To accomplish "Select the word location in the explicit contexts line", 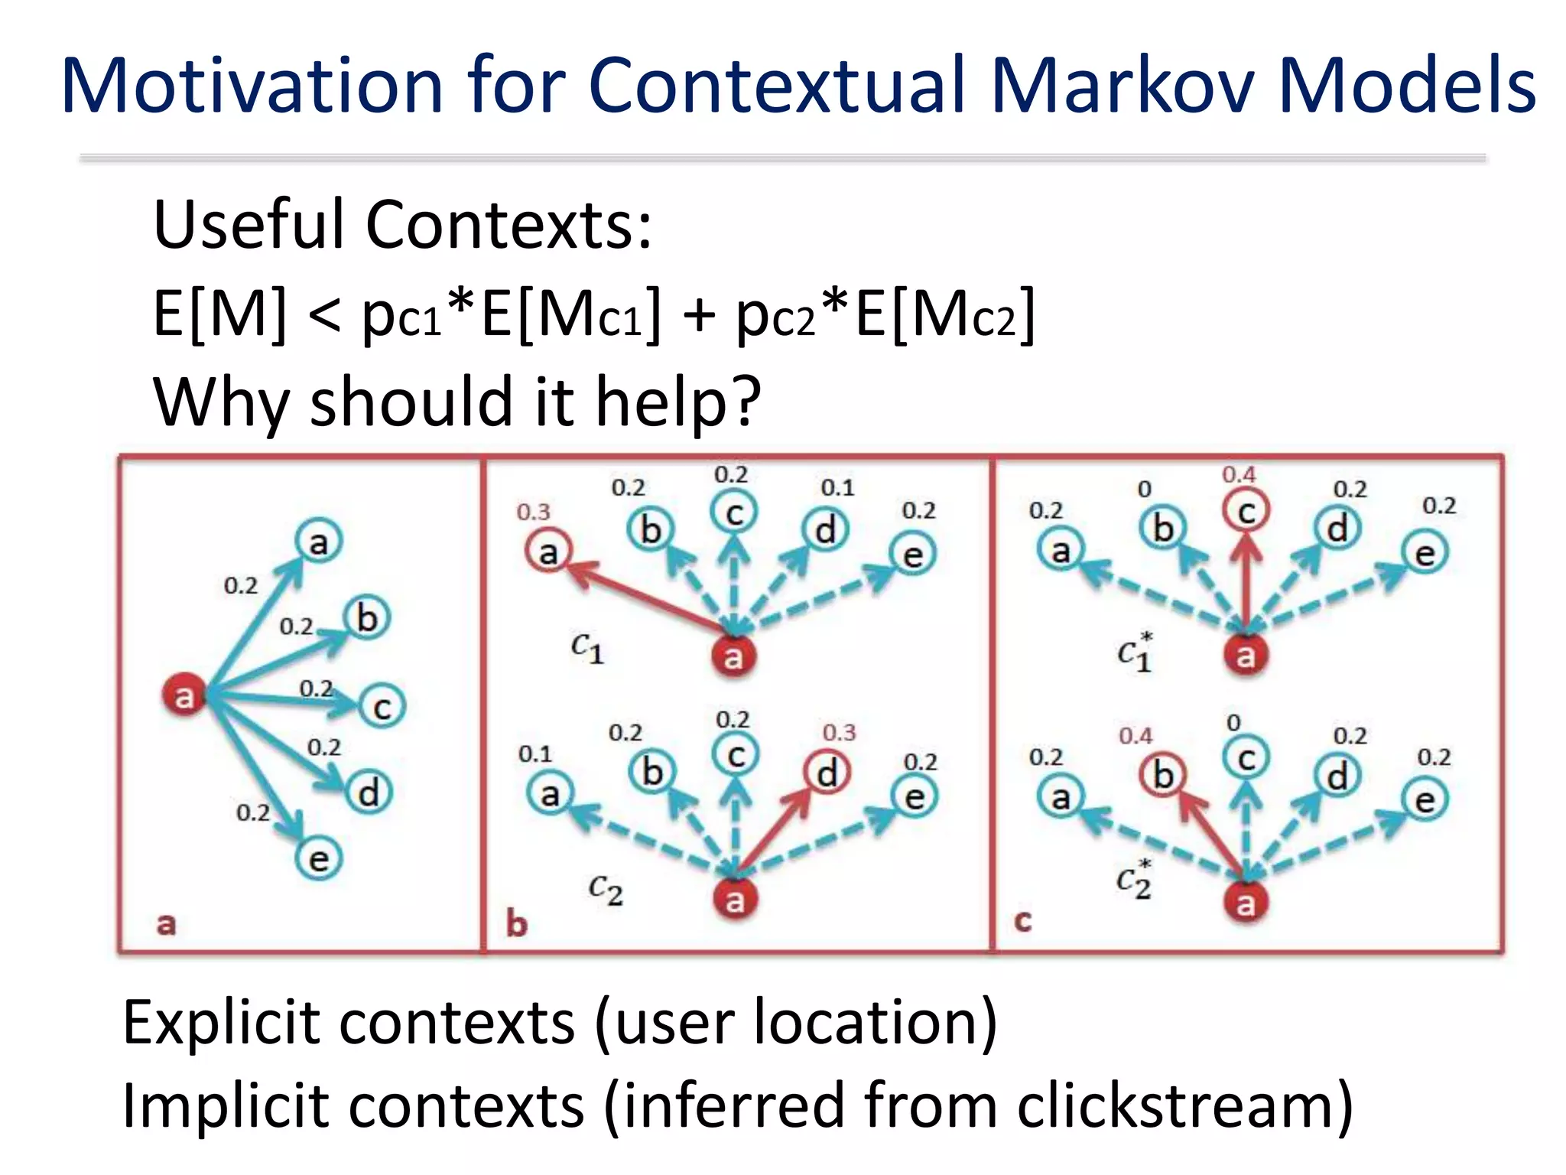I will click(x=865, y=1022).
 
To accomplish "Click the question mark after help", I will click(x=743, y=402).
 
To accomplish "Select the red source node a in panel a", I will click(x=184, y=695).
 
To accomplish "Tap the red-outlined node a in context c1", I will click(x=547, y=552).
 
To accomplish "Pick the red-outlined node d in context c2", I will click(x=827, y=773).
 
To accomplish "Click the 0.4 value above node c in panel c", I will click(x=1238, y=475).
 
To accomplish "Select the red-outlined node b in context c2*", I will click(x=1162, y=775).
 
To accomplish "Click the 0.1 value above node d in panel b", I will click(x=837, y=487).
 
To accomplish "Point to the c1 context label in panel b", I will click(x=587, y=648).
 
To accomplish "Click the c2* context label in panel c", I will click(x=1134, y=879).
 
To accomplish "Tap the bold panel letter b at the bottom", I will click(x=517, y=924).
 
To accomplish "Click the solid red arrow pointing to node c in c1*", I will click(x=1246, y=581).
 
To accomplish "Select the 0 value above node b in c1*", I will click(x=1144, y=489).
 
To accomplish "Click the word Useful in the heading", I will click(x=252, y=225).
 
